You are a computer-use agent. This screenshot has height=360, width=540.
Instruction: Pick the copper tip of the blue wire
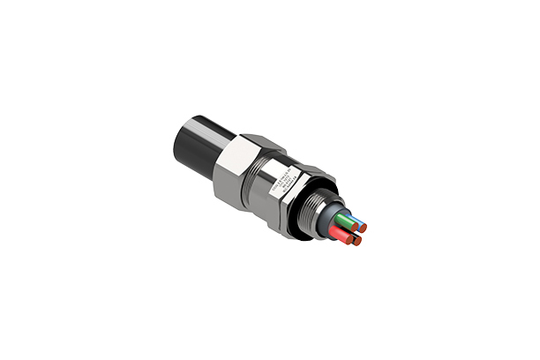(x=362, y=229)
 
